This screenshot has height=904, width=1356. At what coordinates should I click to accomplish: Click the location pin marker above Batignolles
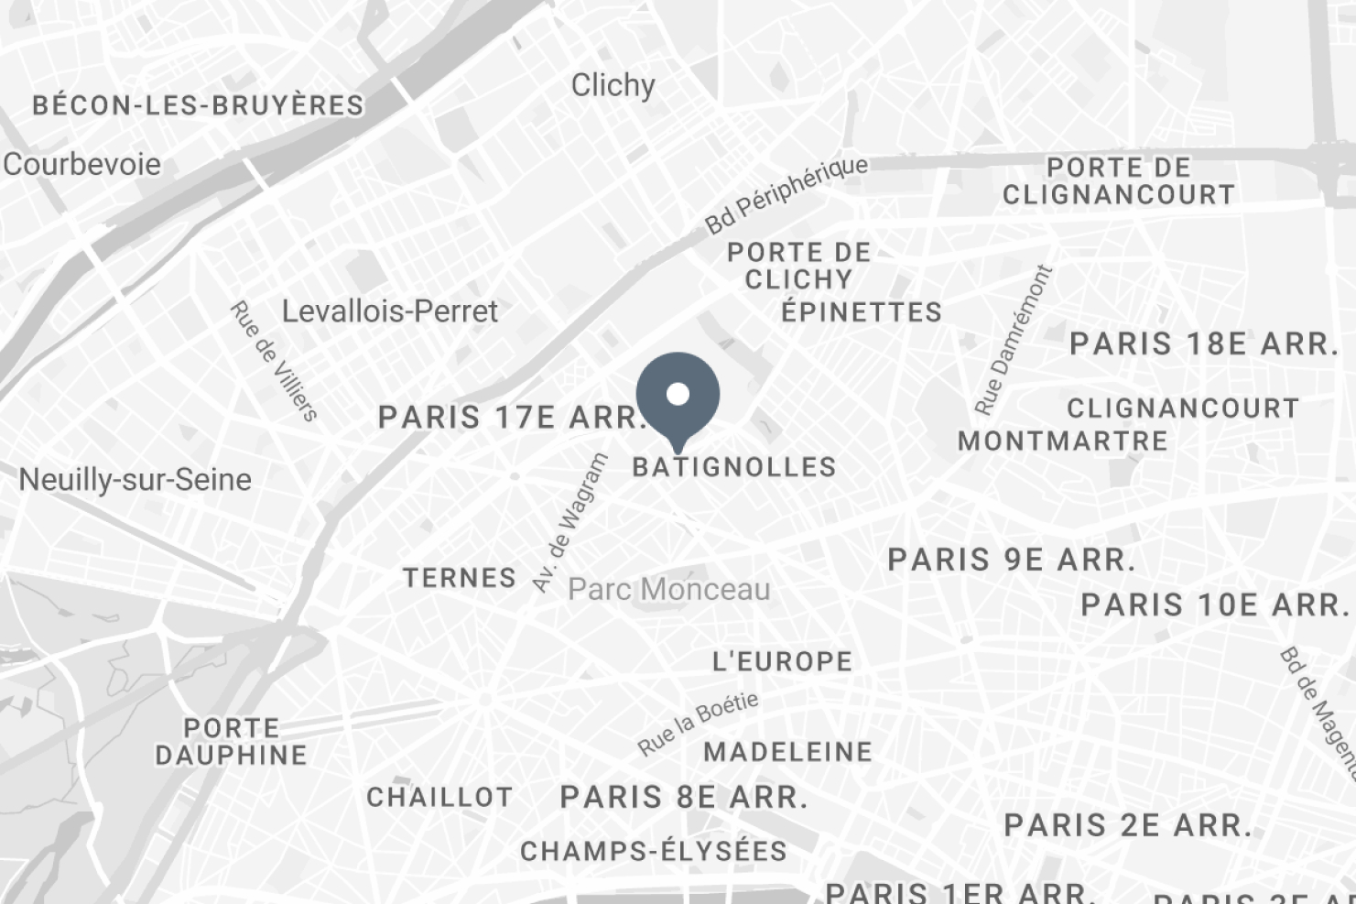pyautogui.click(x=678, y=396)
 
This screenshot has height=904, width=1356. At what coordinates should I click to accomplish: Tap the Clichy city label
pyautogui.click(x=613, y=86)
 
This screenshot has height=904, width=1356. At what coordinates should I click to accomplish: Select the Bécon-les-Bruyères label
pyautogui.click(x=198, y=105)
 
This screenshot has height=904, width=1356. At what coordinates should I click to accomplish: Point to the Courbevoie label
pyautogui.click(x=81, y=165)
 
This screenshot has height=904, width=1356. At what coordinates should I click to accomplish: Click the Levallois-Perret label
pyautogui.click(x=389, y=311)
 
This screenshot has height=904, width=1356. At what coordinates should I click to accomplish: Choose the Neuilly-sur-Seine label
pyautogui.click(x=135, y=480)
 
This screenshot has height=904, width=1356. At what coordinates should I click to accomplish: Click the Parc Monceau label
pyautogui.click(x=668, y=590)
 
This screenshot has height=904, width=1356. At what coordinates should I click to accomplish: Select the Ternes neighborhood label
pyautogui.click(x=460, y=578)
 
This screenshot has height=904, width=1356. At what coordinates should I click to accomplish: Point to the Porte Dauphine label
pyautogui.click(x=231, y=742)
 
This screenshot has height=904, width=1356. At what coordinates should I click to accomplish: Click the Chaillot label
pyautogui.click(x=439, y=798)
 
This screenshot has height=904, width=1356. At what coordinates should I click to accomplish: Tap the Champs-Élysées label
pyautogui.click(x=654, y=852)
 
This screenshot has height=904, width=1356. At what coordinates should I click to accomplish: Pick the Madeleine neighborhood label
pyautogui.click(x=787, y=752)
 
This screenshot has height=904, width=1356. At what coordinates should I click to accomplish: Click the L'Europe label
pyautogui.click(x=782, y=661)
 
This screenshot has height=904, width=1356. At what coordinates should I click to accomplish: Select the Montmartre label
pyautogui.click(x=1062, y=441)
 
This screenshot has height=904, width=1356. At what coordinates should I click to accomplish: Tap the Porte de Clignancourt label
pyautogui.click(x=1119, y=181)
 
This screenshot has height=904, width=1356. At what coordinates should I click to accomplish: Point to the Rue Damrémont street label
pyautogui.click(x=1014, y=340)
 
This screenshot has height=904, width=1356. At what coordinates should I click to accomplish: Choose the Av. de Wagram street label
pyautogui.click(x=570, y=522)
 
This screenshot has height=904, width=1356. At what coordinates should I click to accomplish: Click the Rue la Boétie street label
pyautogui.click(x=698, y=724)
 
